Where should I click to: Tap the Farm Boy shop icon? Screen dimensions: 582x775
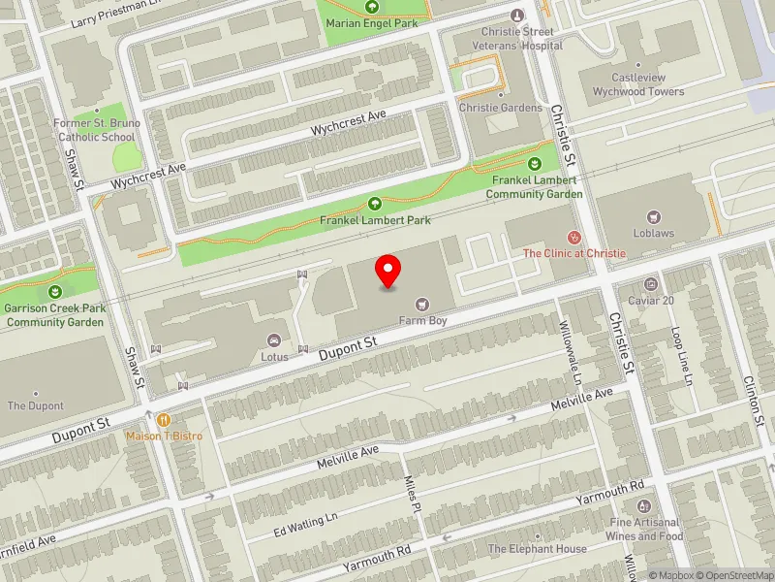tap(420, 304)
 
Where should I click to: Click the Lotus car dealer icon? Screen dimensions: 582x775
tap(273, 339)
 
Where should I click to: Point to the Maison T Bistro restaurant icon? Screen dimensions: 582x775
tap(164, 420)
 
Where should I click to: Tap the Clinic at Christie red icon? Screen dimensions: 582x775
tap(574, 237)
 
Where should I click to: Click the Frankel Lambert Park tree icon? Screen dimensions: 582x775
tap(376, 204)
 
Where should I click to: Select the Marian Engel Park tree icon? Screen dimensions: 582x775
tap(371, 7)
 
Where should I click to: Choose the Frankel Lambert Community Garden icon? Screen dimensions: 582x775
tap(535, 163)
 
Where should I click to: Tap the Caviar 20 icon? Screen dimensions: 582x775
tap(650, 284)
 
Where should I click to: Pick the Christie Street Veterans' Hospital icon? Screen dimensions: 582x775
tap(516, 16)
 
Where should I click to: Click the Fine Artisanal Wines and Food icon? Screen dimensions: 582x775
tap(644, 506)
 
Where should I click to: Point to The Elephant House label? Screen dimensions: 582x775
tap(538, 548)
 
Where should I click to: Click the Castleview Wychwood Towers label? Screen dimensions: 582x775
tap(647, 84)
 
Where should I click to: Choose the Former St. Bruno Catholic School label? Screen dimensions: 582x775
tap(97, 130)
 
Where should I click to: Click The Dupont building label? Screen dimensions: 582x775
tap(35, 405)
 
